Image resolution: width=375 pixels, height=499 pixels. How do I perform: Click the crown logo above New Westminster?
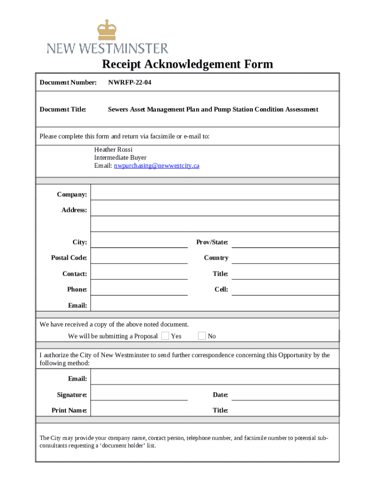coord(107,30)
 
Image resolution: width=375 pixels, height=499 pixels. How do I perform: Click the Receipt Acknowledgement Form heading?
coord(187,64)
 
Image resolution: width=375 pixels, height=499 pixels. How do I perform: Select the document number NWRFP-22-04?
coord(130,82)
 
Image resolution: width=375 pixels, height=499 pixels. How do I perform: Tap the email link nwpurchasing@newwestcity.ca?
coord(156,166)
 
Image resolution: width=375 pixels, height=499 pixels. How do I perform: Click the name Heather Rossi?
coord(113,150)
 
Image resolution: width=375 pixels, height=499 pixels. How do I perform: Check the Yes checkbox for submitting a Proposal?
coord(165,336)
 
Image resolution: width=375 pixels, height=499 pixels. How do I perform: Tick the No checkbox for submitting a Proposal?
coord(202,336)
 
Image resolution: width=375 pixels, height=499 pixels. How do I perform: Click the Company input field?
coord(214,193)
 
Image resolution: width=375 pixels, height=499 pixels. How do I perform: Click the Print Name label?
coord(69,410)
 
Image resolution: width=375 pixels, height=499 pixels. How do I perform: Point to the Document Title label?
coord(63,109)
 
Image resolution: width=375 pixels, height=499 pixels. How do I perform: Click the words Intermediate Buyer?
coord(120,158)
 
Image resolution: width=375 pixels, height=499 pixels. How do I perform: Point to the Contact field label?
coord(75,274)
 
